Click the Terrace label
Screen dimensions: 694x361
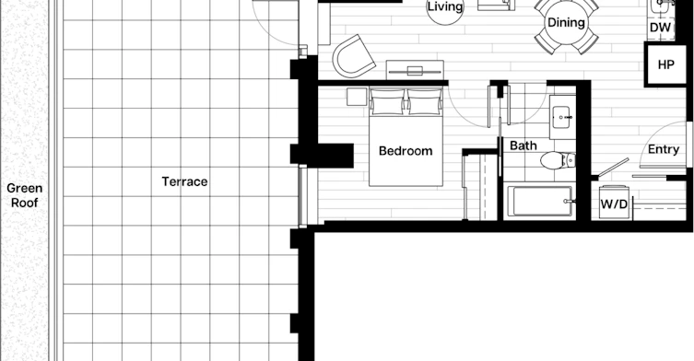coord(184,181)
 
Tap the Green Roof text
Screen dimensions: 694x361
coord(24,195)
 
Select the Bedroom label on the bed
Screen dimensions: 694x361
coord(406,151)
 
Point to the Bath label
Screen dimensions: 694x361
coord(523,146)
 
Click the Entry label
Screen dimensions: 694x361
coord(663,149)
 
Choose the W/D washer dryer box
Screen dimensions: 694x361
coord(614,203)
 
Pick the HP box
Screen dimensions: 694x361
coord(665,64)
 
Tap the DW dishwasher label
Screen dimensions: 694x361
coord(661,28)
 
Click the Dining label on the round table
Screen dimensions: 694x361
coord(566,22)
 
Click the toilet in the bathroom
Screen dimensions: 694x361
coord(558,160)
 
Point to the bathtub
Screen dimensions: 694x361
coord(539,202)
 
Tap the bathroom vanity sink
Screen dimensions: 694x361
coord(562,118)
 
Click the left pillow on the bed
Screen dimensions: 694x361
coord(387,102)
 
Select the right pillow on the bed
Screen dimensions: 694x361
coord(425,102)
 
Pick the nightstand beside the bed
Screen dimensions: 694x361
coord(357,97)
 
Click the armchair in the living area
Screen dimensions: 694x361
coord(353,56)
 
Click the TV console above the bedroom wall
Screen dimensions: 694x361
coord(415,70)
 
